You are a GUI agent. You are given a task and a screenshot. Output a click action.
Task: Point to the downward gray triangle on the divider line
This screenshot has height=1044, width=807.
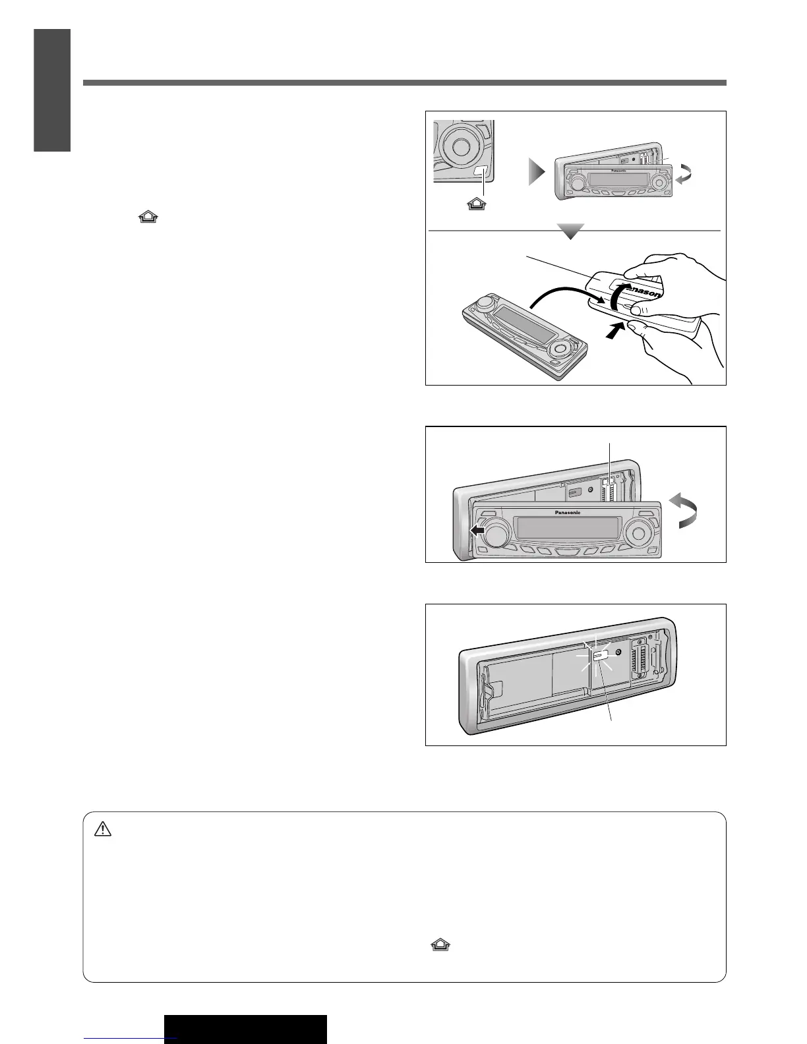(x=571, y=231)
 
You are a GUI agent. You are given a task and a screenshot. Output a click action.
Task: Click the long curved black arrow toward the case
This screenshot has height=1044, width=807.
(x=560, y=290)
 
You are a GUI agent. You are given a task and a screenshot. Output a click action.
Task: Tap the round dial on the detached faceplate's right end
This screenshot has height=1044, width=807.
(x=560, y=347)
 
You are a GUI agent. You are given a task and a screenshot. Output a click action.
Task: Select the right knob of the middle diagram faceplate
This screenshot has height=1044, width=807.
(x=638, y=532)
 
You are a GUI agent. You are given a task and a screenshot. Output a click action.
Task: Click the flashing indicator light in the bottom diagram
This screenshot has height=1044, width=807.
(x=601, y=656)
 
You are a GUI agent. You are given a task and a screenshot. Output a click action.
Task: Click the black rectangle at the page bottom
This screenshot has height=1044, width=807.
(x=245, y=1029)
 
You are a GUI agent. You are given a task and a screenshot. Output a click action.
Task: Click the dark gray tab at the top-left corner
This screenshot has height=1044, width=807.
(x=53, y=90)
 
